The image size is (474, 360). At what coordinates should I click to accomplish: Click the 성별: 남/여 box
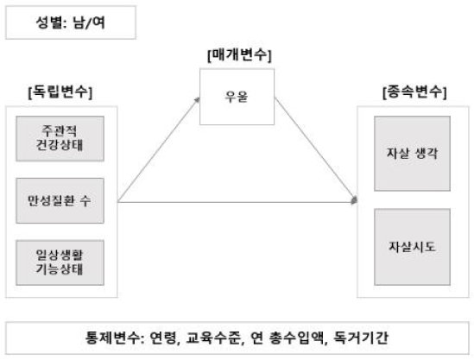[71, 22]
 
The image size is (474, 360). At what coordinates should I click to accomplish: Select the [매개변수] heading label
[239, 55]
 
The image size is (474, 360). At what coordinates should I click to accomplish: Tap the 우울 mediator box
[237, 97]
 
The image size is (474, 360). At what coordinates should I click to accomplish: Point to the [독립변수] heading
[60, 92]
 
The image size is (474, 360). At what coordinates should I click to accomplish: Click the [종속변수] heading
[414, 92]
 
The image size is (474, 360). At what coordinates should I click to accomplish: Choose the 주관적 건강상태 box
[60, 138]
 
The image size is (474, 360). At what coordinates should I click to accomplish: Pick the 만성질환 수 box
[60, 200]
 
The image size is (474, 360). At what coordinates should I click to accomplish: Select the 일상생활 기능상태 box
[60, 262]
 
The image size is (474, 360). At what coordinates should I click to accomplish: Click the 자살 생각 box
[413, 154]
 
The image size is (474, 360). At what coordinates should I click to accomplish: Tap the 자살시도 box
[413, 247]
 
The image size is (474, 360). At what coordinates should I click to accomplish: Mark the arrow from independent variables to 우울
[159, 149]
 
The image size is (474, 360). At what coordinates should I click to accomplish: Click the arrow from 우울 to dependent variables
[316, 150]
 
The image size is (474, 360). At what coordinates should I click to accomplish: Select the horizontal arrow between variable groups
[237, 202]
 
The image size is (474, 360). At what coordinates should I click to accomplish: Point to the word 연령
[163, 338]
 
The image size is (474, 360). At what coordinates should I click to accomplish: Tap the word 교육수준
[212, 338]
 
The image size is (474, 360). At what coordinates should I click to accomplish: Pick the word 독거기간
[360, 338]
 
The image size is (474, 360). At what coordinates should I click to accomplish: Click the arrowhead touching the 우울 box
[198, 100]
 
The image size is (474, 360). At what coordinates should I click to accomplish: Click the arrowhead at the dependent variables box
[355, 200]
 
